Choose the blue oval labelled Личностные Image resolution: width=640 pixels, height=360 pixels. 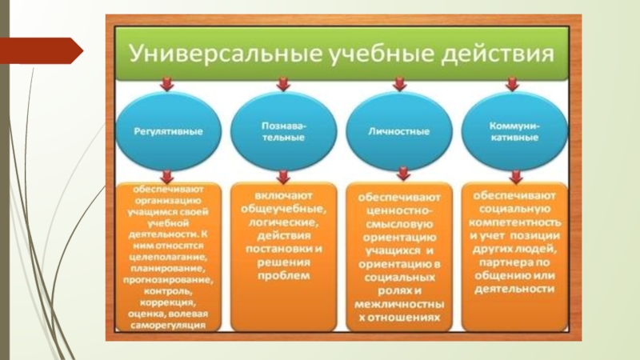point(398,130)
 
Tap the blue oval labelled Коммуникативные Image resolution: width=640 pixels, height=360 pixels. point(514,130)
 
